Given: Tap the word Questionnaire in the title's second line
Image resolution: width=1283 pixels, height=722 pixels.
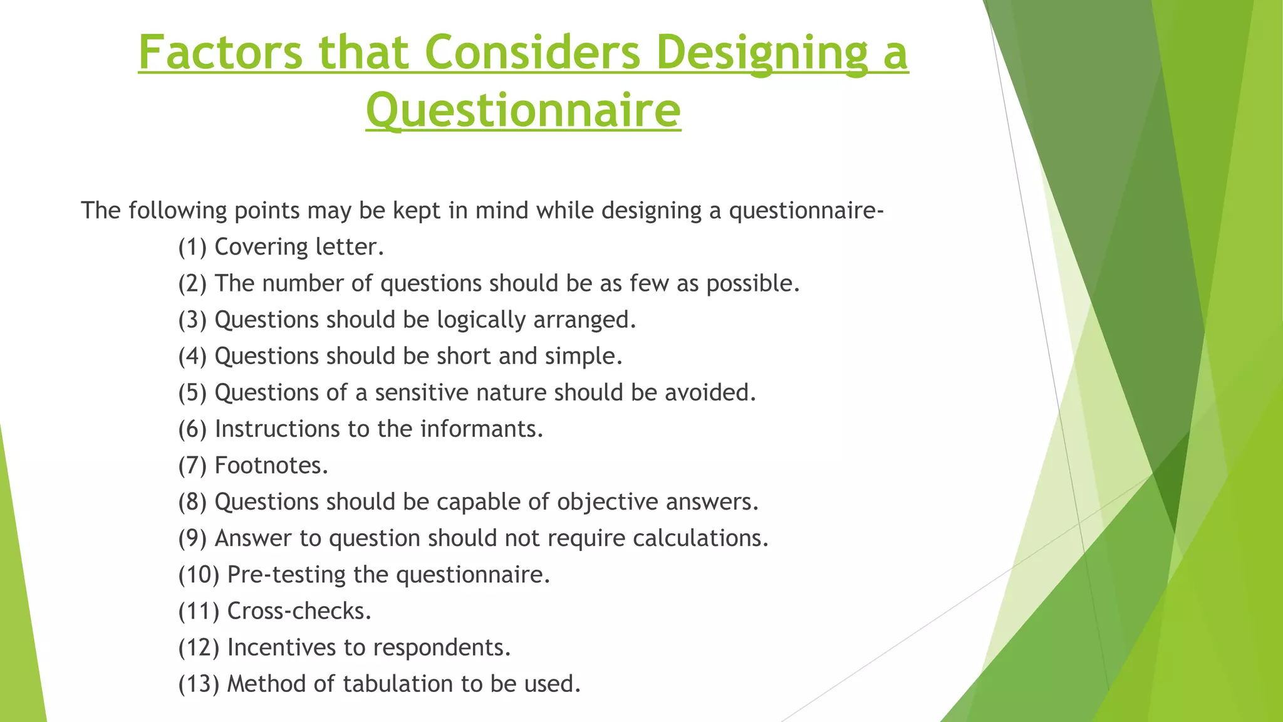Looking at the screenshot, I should click(523, 110).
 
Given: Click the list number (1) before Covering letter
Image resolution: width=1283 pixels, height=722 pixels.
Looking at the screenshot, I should click(192, 247).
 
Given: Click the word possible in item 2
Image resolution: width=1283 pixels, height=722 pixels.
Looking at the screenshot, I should click(752, 284).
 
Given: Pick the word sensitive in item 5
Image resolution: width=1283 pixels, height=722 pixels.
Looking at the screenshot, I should click(422, 393).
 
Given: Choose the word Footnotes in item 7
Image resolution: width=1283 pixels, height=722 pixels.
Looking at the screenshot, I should click(271, 466).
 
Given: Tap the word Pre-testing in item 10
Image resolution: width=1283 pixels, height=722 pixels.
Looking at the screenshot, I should click(286, 575).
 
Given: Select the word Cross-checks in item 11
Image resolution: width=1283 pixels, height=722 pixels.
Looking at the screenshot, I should click(299, 611).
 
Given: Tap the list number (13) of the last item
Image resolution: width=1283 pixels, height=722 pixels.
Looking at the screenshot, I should click(199, 684).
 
